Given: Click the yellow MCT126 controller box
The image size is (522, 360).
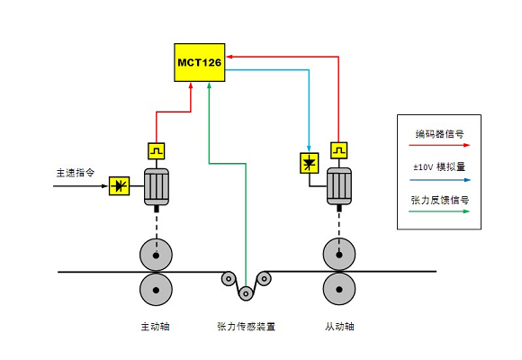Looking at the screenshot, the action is point(200,62).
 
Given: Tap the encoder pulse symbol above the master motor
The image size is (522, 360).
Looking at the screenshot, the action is point(156,151).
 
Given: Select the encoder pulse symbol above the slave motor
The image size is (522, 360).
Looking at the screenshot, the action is point(339,150).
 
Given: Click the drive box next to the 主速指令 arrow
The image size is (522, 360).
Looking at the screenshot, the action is point(119,185).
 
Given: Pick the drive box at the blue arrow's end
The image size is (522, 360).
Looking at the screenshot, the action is point(310,163).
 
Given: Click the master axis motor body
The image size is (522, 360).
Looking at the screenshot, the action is point(157,186).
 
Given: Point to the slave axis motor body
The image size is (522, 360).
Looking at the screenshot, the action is point(339,185).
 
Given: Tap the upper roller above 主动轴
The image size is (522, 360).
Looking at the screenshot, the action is point(156,255).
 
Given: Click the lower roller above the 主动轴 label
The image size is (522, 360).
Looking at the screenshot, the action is point(156,290).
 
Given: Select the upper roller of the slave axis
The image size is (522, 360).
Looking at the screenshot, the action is point(339,255).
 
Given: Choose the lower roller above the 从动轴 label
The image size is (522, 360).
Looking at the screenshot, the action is point(339,289).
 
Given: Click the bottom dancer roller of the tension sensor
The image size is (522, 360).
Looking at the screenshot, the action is point(246,293).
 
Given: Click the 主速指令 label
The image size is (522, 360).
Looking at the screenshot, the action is point(76,173).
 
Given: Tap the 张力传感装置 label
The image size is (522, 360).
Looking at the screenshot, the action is point(246,327).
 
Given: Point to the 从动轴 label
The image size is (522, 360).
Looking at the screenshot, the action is point(339,327).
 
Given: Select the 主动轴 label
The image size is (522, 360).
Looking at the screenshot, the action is point(155,327).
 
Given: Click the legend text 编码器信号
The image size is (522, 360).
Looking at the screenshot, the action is point(439,134).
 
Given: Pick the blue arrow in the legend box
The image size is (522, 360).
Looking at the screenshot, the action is point(440,180).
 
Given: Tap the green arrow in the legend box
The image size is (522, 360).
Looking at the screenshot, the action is point(439,211).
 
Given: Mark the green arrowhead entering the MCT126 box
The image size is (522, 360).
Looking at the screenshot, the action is point(209,85).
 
